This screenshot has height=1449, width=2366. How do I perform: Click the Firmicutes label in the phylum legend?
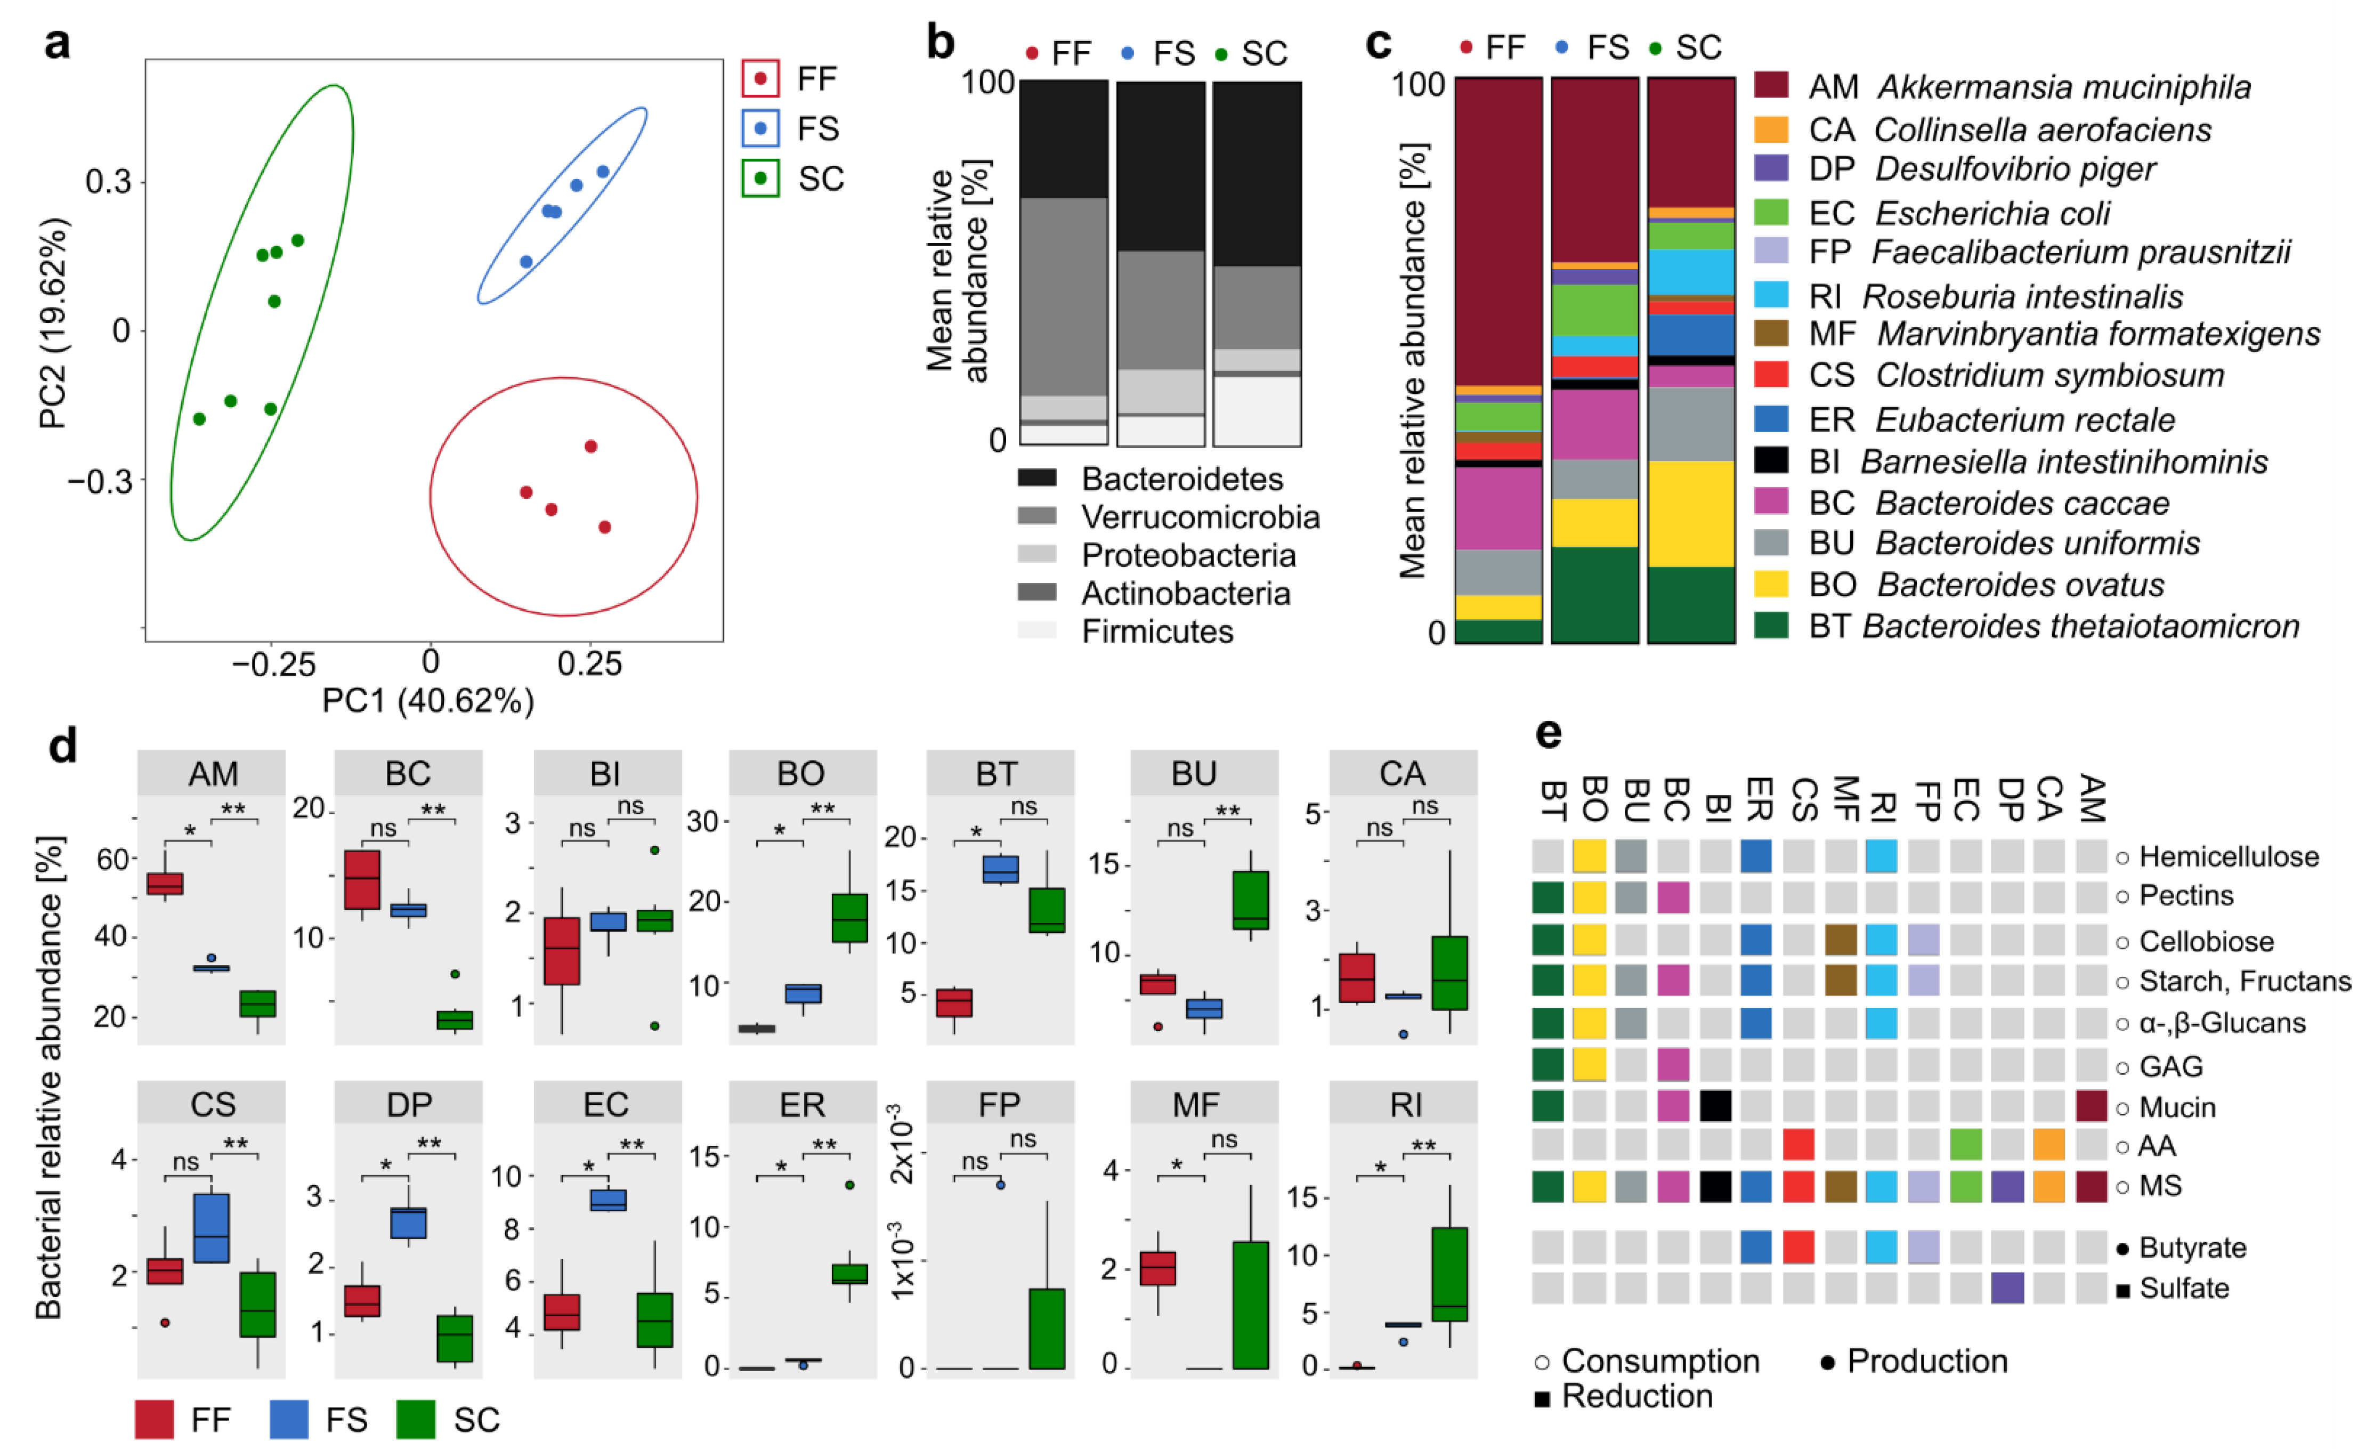(x=1157, y=632)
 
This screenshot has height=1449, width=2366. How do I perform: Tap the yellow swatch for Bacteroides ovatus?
(x=1771, y=584)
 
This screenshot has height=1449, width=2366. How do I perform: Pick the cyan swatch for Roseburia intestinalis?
(x=1771, y=294)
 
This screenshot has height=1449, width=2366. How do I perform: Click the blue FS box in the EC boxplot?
(x=608, y=1200)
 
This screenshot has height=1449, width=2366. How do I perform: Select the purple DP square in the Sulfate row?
(x=2007, y=1288)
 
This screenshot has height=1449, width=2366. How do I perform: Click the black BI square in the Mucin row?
(x=1715, y=1106)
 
